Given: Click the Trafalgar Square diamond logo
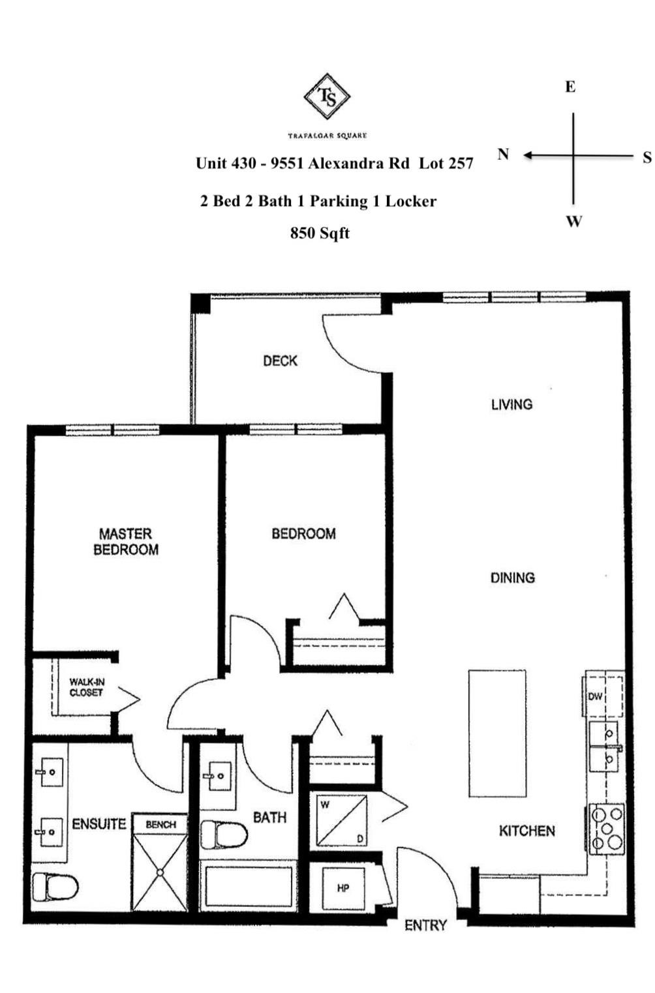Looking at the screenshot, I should pyautogui.click(x=327, y=96).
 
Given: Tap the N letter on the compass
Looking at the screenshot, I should pyautogui.click(x=503, y=155).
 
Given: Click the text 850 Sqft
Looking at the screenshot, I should pyautogui.click(x=320, y=233).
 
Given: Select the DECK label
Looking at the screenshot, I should pyautogui.click(x=280, y=361).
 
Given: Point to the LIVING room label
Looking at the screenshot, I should pyautogui.click(x=511, y=404).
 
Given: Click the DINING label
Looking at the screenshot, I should pyautogui.click(x=512, y=578).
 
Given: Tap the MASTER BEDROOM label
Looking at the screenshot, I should pyautogui.click(x=126, y=542).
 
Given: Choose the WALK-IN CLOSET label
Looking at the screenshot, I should pyautogui.click(x=87, y=687).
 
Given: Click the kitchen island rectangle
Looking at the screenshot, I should pyautogui.click(x=497, y=733).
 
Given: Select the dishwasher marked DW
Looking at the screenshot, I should pyautogui.click(x=595, y=696).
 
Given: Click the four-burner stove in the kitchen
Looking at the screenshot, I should pyautogui.click(x=607, y=829).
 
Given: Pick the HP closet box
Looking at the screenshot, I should pyautogui.click(x=343, y=888).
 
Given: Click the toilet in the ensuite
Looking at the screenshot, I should pyautogui.click(x=55, y=886).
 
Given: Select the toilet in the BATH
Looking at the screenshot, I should pyautogui.click(x=223, y=835).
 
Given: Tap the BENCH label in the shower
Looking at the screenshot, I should pyautogui.click(x=160, y=824).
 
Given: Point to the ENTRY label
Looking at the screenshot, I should pyautogui.click(x=425, y=925).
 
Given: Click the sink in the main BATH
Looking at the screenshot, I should pyautogui.click(x=218, y=776).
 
